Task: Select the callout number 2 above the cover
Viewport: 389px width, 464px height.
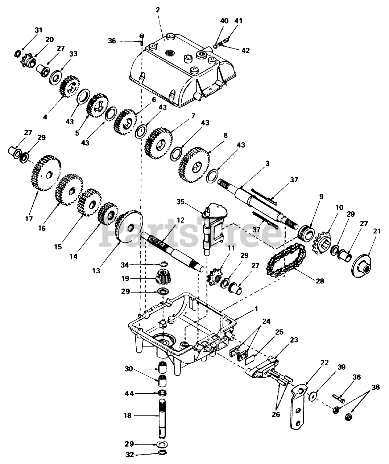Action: [x=158, y=10]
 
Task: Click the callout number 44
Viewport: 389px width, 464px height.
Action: [x=129, y=393]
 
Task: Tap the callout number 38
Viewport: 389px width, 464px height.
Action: [x=376, y=387]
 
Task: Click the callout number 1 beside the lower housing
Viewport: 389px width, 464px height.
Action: [x=256, y=309]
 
